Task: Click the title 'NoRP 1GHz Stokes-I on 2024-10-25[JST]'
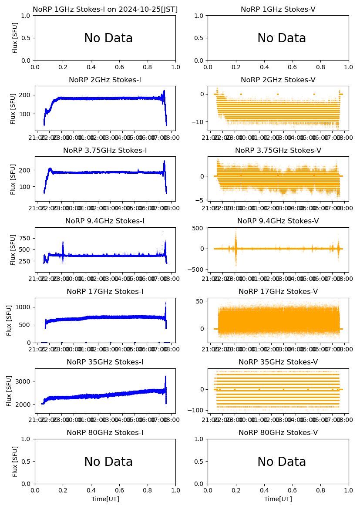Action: tap(105, 9)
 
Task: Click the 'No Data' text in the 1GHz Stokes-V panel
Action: tap(281, 38)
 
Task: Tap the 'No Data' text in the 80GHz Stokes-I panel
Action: tap(108, 462)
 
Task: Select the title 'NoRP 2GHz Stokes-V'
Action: tap(278, 80)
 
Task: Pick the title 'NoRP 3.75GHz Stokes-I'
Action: tap(105, 150)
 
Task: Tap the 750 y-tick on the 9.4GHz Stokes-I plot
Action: tap(24, 238)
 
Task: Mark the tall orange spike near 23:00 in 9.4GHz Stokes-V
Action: tap(236, 235)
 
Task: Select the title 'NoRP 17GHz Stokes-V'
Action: tap(278, 291)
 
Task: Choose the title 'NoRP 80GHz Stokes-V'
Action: tap(278, 432)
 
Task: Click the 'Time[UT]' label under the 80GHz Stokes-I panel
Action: tap(105, 499)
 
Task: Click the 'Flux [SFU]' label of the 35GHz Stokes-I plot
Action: tap(9, 391)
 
